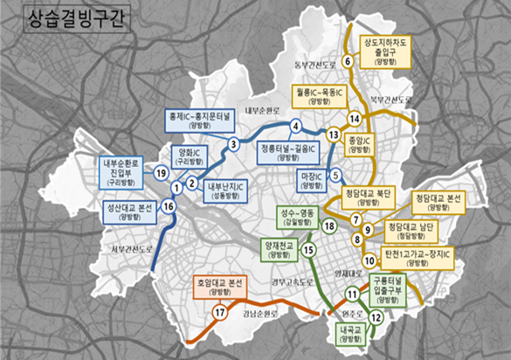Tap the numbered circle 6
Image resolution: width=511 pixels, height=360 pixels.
click(x=347, y=61)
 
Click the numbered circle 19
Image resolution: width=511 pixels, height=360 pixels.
click(x=161, y=173)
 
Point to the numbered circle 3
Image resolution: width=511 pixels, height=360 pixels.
click(x=233, y=144)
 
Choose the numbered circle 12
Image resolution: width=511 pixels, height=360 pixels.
click(x=376, y=319)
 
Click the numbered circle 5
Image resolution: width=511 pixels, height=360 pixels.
click(x=335, y=176)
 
